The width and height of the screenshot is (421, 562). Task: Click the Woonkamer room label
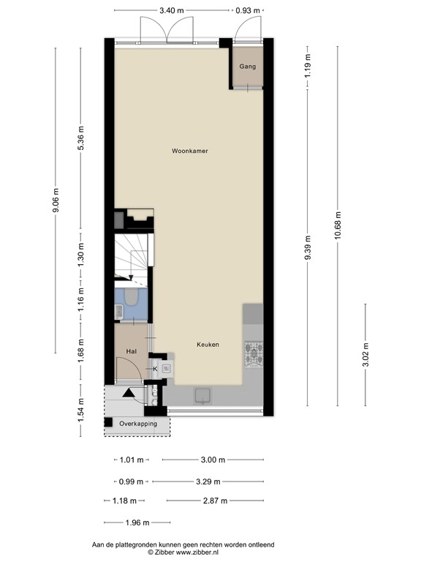tap(190, 151)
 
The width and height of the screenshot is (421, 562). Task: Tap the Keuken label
tap(208, 344)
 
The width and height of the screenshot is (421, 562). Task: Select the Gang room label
tap(248, 67)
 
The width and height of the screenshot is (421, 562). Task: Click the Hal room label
tap(132, 351)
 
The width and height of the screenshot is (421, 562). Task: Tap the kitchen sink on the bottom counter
tap(202, 396)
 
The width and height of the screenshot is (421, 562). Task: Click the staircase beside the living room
tap(133, 256)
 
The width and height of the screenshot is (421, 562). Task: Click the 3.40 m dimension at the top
tap(172, 11)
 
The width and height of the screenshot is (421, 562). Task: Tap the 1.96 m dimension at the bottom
tap(137, 522)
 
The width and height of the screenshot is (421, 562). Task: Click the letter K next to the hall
tap(155, 369)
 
